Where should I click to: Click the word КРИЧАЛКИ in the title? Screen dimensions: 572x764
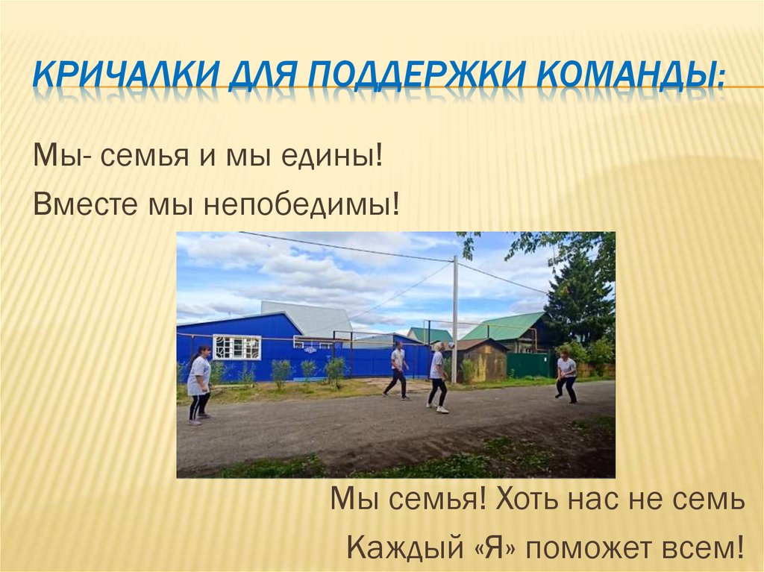point(111,78)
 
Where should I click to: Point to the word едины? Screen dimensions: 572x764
point(333,158)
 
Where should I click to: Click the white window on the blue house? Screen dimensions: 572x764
point(237,347)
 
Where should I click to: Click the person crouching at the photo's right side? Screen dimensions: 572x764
point(566,377)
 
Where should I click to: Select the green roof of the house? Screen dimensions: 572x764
point(504,326)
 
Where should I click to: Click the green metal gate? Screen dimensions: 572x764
point(528,365)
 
